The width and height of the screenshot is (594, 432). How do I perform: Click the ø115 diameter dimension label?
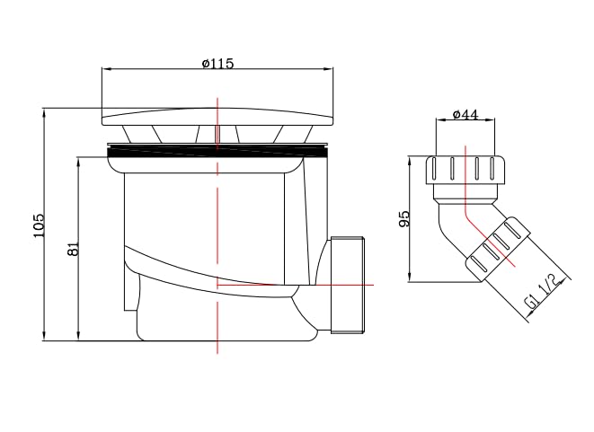point(217,63)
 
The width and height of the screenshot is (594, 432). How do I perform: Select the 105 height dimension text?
point(39,225)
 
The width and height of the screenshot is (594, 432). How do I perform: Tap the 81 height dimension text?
point(73,249)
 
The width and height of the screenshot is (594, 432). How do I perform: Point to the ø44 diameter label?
point(465,114)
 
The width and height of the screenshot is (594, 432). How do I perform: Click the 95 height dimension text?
point(404,219)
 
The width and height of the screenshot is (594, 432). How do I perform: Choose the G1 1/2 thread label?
point(543,292)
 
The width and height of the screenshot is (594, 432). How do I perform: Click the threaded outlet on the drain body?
point(348,285)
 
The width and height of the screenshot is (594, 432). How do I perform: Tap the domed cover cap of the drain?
point(217,117)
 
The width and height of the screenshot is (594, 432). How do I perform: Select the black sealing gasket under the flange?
point(217,152)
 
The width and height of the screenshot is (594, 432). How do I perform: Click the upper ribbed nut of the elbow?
point(465,170)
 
